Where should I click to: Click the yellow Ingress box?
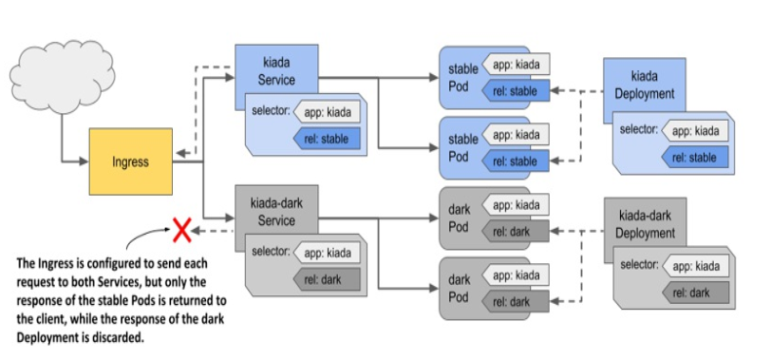(131, 161)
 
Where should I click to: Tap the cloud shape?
(63, 77)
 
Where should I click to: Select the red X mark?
(182, 231)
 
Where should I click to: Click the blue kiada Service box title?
(276, 71)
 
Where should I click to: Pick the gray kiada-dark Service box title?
(276, 212)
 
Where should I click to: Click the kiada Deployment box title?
(645, 85)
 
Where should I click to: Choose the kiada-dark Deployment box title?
(645, 224)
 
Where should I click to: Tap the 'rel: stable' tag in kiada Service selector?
(327, 140)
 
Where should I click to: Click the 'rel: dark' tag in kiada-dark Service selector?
(327, 280)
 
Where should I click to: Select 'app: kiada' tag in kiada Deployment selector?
(695, 131)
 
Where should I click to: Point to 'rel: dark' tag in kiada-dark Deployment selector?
(695, 293)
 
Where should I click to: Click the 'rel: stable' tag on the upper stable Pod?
(515, 91)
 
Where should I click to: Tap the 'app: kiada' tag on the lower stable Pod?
(515, 135)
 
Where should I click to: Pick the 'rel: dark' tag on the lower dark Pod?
(515, 301)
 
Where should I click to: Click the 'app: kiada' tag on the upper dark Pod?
(515, 205)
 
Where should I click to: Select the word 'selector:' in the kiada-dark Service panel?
(271, 252)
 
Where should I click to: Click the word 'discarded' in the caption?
(120, 338)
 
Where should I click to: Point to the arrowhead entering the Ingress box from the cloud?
(85, 161)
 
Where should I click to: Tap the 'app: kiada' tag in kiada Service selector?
(327, 113)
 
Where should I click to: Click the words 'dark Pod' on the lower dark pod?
(460, 289)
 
